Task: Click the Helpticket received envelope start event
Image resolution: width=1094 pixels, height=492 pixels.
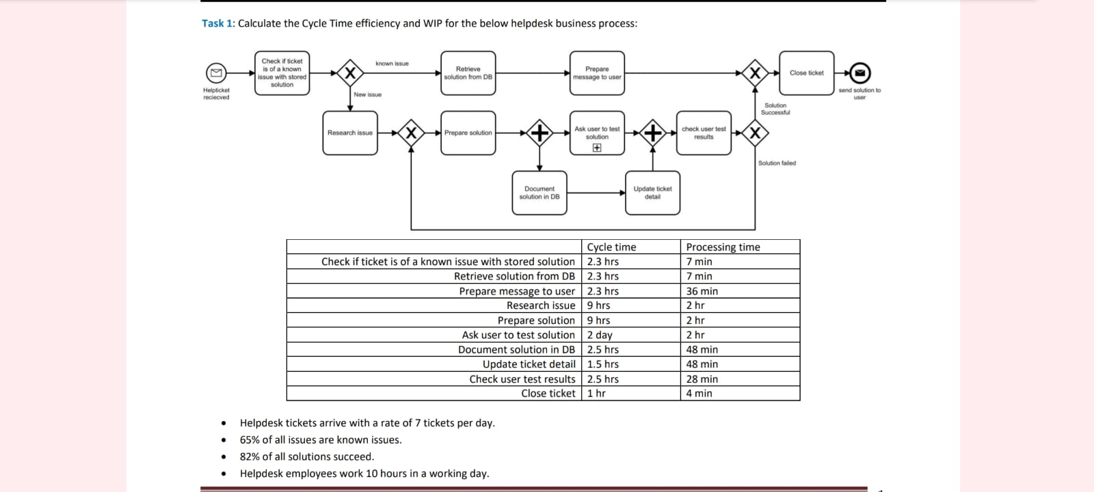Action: click(216, 72)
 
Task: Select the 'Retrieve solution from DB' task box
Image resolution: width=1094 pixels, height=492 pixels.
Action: click(468, 73)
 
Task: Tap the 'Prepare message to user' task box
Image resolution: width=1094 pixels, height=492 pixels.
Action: click(597, 73)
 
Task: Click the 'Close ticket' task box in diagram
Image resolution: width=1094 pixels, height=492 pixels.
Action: click(806, 73)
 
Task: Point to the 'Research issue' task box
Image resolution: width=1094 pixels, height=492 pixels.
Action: click(350, 133)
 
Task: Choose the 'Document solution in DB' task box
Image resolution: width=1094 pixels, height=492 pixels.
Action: click(539, 193)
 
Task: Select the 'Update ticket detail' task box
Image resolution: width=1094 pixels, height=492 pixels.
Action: click(652, 193)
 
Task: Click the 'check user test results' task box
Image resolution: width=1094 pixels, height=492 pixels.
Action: click(704, 133)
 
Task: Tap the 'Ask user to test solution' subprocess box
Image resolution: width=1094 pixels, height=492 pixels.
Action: click(597, 133)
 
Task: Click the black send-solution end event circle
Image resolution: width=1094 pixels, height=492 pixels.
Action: click(860, 72)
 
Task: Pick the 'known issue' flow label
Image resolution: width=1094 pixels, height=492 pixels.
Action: click(392, 64)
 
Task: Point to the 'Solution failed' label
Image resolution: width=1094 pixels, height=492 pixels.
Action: click(777, 163)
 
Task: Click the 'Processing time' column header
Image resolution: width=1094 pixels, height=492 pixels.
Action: click(723, 247)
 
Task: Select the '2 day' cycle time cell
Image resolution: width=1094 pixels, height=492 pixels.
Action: click(600, 335)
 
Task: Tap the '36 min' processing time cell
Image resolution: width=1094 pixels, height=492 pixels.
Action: click(702, 291)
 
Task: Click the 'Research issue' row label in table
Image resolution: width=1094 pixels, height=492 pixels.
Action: click(540, 305)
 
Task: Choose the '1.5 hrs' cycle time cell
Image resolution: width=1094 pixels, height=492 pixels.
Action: click(602, 364)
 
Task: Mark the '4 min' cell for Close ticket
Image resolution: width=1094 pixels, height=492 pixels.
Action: click(699, 394)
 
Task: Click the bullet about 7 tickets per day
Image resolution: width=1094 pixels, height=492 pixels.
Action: click(366, 423)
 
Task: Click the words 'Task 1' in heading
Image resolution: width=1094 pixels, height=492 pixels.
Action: click(217, 23)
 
